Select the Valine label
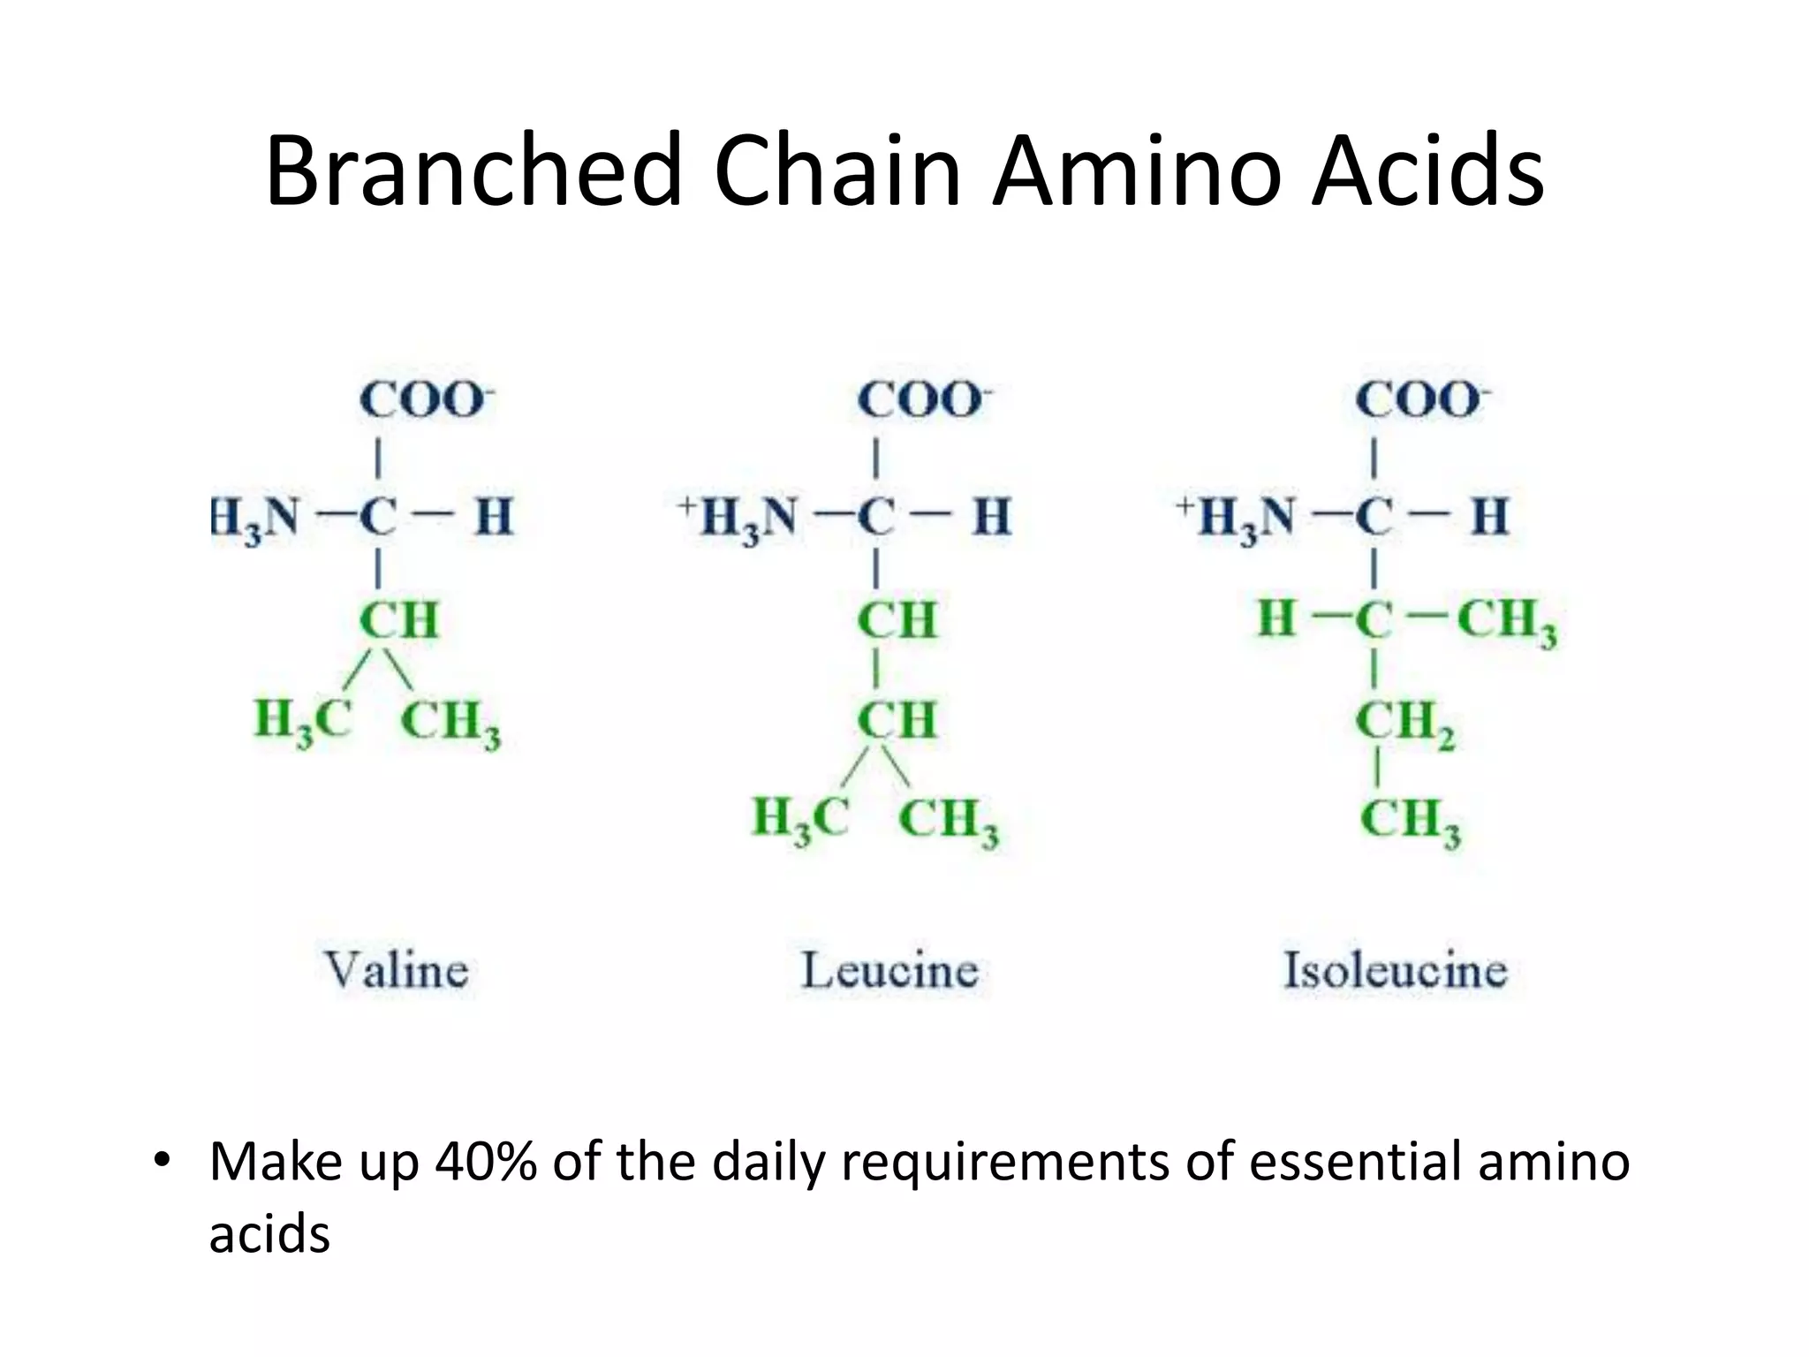coord(397,970)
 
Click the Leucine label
coord(889,970)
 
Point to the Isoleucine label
coord(1395,970)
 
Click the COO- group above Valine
coord(425,400)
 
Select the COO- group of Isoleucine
coord(1421,400)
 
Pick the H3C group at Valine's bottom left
coord(303,720)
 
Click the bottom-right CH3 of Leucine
coord(949,821)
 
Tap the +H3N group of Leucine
coord(738,518)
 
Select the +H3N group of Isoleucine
coord(1236,518)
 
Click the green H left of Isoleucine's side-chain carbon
coord(1277,618)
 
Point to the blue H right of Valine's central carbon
coord(494,517)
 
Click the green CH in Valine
coord(399,619)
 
